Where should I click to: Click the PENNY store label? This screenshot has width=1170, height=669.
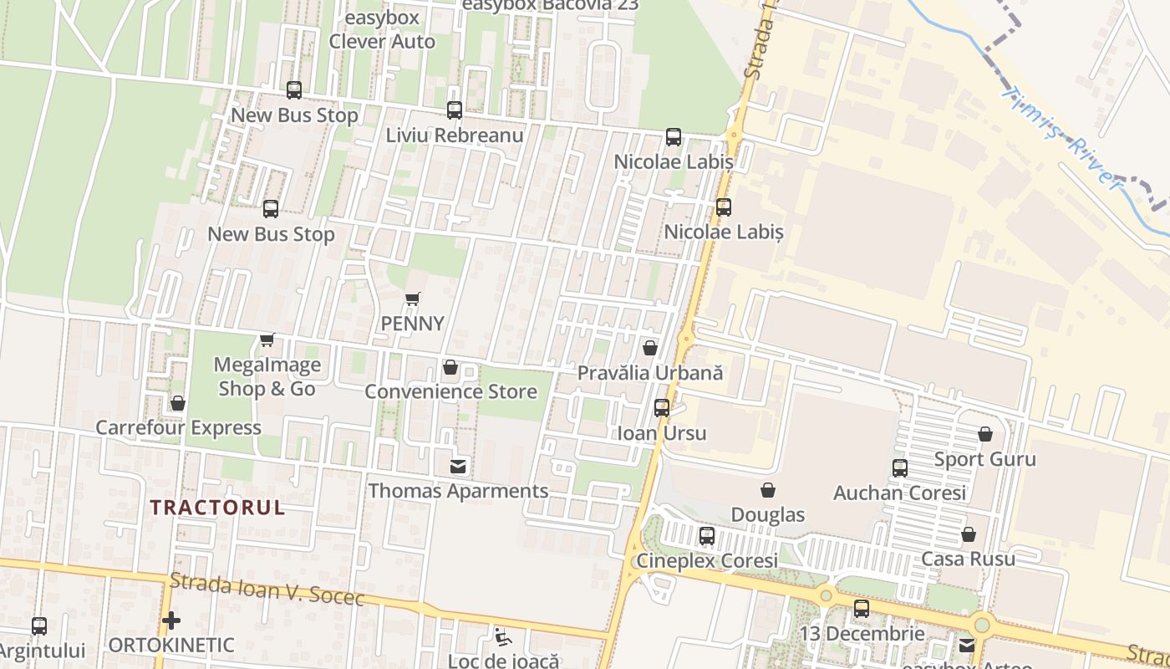[413, 323]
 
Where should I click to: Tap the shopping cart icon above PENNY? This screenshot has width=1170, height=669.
[412, 299]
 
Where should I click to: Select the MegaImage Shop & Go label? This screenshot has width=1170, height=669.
[267, 376]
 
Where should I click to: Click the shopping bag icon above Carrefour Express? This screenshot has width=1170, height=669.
[178, 404]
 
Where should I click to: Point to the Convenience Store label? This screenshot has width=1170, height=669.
[451, 391]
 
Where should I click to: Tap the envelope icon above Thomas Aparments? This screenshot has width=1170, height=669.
[458, 467]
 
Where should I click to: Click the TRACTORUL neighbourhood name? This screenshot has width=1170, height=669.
[217, 507]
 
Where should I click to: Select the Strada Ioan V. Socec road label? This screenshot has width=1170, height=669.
[267, 589]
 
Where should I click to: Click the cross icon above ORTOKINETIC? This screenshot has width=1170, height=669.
[171, 620]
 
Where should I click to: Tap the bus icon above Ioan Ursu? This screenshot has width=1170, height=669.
[662, 408]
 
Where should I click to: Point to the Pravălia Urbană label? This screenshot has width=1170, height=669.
[650, 373]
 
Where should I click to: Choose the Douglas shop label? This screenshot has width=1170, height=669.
[768, 514]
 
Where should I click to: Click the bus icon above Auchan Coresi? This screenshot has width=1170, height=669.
[900, 468]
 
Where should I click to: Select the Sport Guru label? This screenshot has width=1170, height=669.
[984, 459]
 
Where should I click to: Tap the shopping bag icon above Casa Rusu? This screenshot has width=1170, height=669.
[969, 534]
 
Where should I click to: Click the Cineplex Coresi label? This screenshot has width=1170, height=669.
[707, 560]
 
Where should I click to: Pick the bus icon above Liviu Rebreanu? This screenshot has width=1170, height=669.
[455, 110]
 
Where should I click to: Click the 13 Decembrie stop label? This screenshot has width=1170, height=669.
[862, 633]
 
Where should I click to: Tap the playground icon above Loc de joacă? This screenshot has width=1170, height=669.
[502, 637]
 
